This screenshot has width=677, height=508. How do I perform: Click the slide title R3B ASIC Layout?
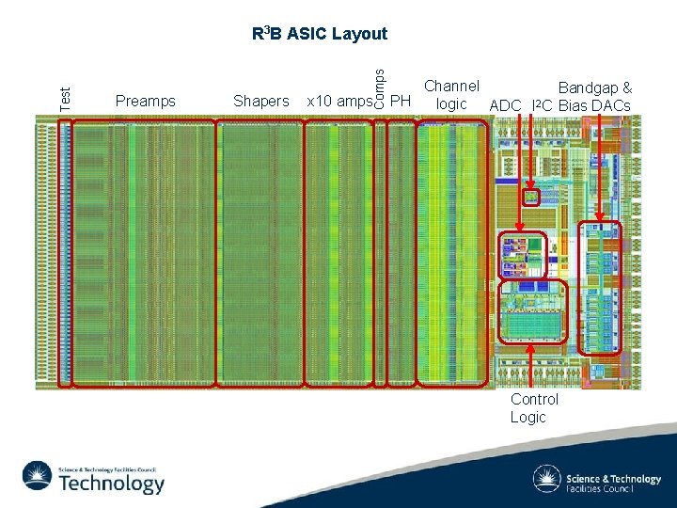click(320, 34)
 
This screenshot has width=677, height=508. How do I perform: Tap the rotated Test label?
click(64, 96)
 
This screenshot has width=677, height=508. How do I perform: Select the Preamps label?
click(145, 101)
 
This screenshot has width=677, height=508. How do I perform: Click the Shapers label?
click(260, 101)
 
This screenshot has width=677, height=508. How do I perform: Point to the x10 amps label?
click(338, 101)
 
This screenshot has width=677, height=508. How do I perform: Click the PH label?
click(401, 101)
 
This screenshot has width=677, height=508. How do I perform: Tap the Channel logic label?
click(451, 95)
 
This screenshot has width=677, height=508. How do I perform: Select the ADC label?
click(505, 104)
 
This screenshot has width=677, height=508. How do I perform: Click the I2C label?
click(542, 104)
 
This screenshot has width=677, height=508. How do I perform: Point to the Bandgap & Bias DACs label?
click(594, 96)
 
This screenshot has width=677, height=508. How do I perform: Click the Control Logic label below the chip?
click(534, 407)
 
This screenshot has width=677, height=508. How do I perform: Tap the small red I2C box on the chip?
click(531, 197)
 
